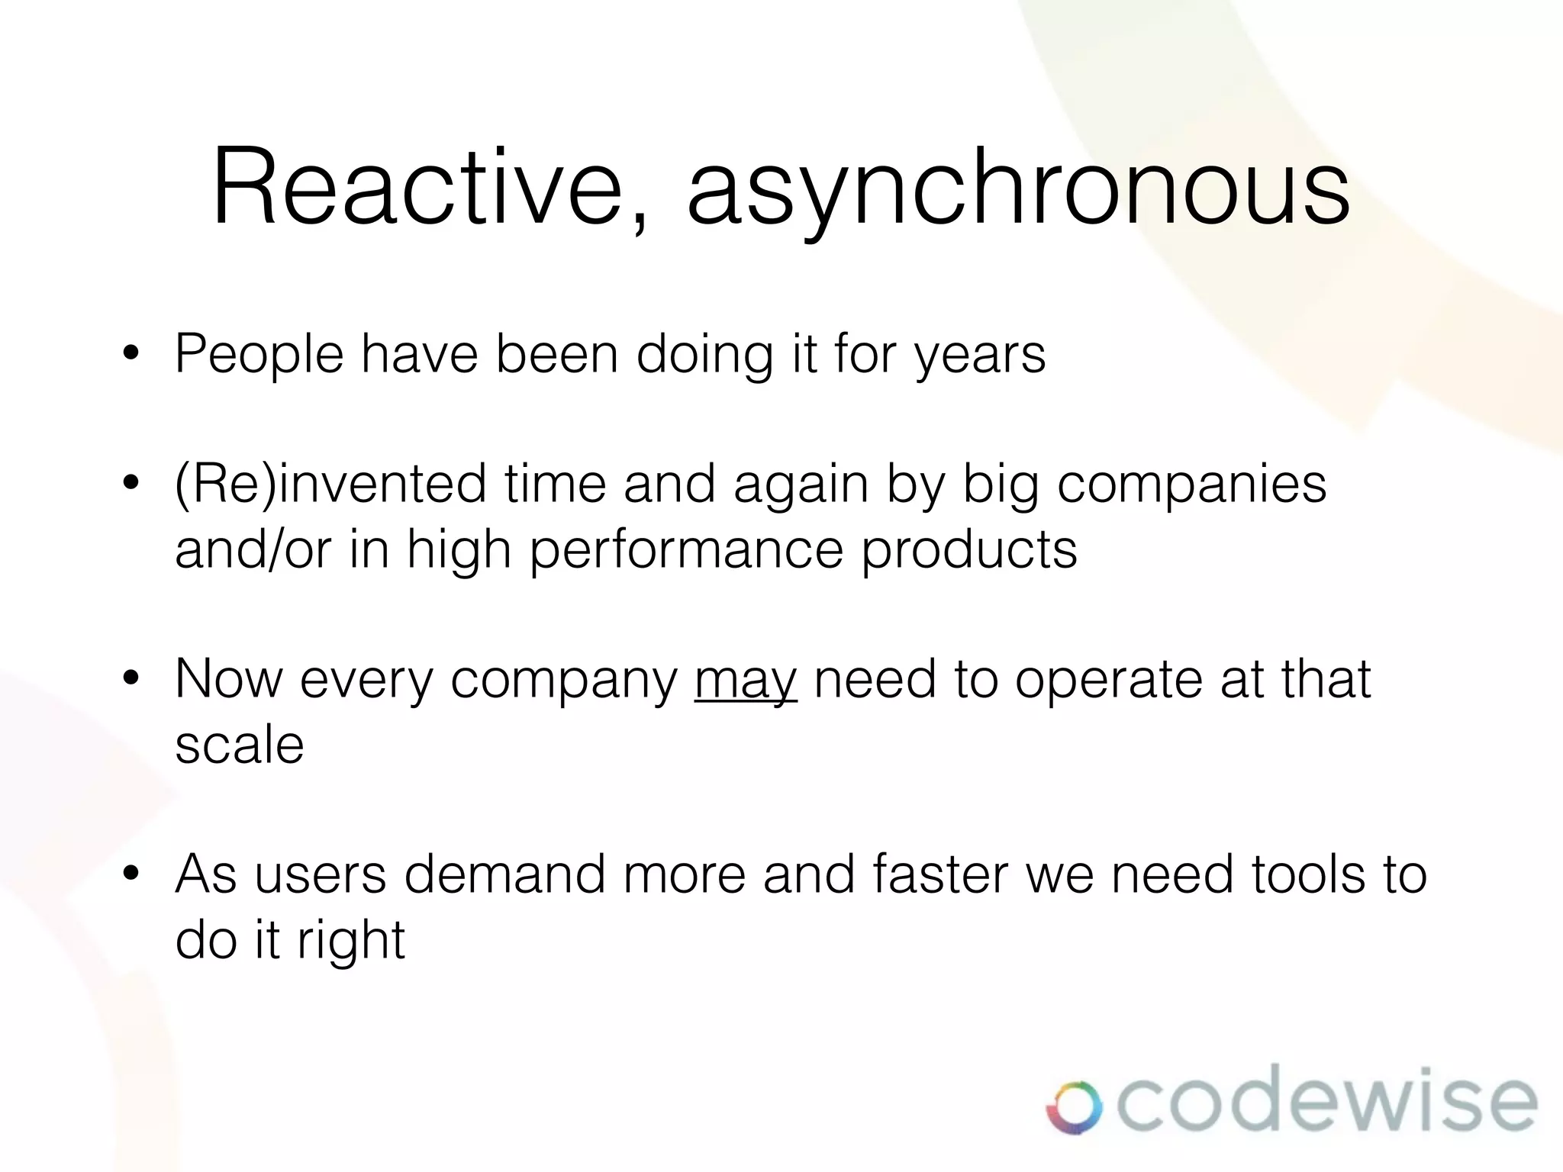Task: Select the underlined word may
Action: (746, 681)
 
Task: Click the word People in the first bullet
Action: (259, 355)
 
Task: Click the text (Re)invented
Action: (330, 485)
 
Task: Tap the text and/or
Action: (253, 549)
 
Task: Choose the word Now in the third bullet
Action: (228, 679)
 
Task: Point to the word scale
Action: (240, 745)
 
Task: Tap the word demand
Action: (504, 874)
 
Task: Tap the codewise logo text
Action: (1326, 1103)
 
